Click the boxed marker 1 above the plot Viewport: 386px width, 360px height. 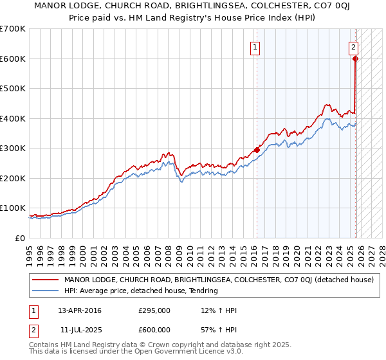click(255, 46)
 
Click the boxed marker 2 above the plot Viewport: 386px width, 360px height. click(354, 46)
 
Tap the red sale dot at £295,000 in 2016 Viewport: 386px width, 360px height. click(257, 150)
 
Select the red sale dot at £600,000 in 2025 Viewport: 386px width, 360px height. click(356, 59)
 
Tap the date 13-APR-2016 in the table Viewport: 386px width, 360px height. click(80, 310)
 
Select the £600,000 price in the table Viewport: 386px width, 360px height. click(154, 329)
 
